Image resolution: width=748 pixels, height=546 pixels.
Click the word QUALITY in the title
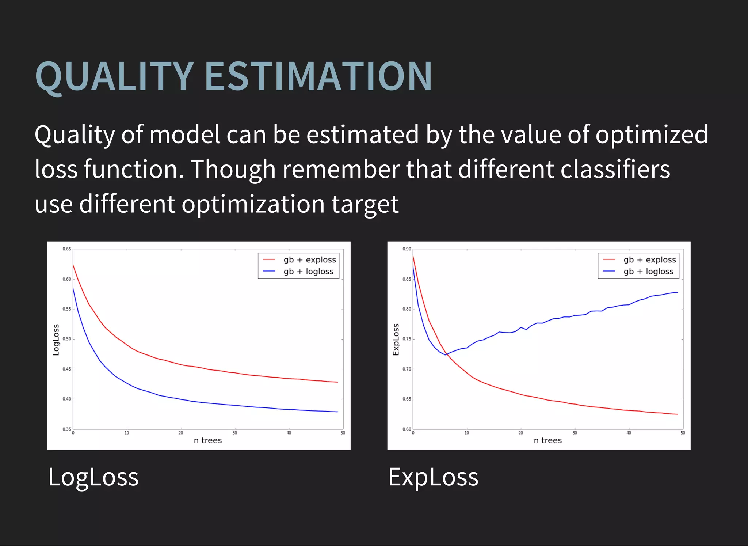click(114, 77)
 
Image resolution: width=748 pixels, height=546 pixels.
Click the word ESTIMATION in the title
click(318, 77)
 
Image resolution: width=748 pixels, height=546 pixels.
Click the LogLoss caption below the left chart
click(93, 477)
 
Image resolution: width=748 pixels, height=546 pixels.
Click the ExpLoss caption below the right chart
click(433, 477)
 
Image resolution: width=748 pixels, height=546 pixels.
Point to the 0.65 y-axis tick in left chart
click(67, 249)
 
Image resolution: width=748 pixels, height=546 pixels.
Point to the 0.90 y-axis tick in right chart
click(407, 249)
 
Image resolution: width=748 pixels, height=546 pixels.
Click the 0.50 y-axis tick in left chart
click(67, 339)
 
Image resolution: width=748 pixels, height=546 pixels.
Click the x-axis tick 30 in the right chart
click(575, 433)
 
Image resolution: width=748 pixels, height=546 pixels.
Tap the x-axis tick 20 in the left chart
click(181, 433)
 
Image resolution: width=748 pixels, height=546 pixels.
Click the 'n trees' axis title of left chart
click(207, 440)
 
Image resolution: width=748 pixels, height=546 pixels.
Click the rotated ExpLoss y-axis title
click(396, 340)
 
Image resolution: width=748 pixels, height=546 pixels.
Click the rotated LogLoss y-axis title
click(56, 340)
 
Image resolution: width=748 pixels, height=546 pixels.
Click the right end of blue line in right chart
click(678, 292)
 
